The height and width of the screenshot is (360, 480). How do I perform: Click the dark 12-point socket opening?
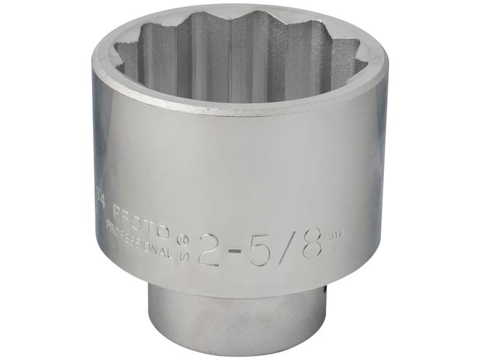[240, 60]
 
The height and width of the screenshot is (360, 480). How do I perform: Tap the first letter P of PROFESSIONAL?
[109, 225]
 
